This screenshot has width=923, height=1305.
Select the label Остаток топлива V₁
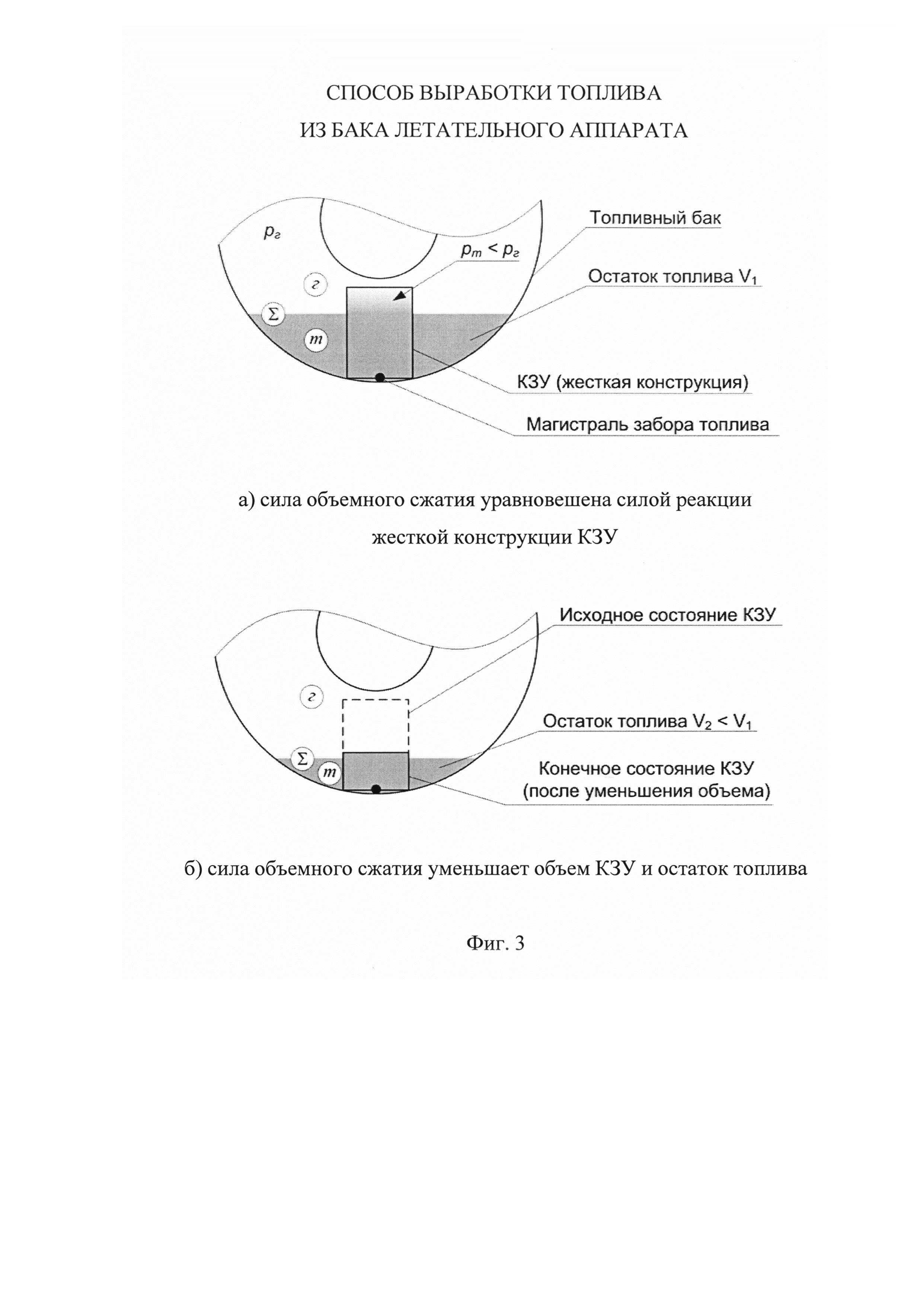point(674,277)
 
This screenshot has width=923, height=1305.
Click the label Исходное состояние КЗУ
point(668,615)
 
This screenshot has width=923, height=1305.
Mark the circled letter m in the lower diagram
point(330,773)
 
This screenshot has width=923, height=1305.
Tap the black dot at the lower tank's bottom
point(376,789)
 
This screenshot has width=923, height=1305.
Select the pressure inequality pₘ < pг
point(490,251)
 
